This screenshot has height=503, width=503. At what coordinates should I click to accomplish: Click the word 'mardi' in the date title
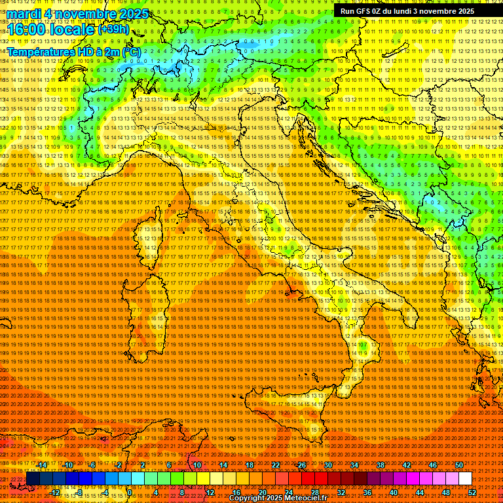[x=26, y=13]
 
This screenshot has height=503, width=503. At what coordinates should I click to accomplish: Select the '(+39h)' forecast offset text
[x=113, y=29]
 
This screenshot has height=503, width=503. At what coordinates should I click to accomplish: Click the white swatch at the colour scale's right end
[x=465, y=479]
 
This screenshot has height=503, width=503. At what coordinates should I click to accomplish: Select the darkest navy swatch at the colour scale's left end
[x=33, y=479]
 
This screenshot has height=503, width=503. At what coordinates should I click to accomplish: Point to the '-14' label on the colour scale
[x=43, y=465]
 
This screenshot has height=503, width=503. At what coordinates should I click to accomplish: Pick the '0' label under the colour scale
[x=130, y=493]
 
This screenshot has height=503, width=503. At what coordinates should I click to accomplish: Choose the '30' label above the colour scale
[x=328, y=465]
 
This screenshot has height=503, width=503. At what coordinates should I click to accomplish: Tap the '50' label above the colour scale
[x=458, y=465]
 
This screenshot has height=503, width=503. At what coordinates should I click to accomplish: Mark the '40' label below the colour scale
[x=394, y=493]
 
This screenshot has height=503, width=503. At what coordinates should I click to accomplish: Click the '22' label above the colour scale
[x=276, y=465]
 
